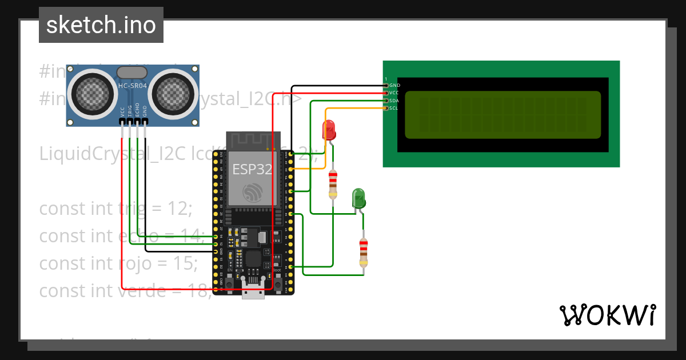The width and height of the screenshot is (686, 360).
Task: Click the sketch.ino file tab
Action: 101,25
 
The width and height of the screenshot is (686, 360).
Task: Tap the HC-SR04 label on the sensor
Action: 132,86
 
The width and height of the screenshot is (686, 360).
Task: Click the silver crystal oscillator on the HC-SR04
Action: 131,72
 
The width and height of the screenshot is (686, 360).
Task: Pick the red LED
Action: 329,130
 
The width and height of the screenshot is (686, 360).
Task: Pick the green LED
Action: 358,198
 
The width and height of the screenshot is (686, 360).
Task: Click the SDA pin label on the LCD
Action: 393,101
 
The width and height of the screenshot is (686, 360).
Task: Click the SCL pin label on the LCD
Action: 393,108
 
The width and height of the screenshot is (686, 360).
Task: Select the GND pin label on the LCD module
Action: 394,85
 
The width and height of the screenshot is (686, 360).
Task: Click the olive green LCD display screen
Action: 503,115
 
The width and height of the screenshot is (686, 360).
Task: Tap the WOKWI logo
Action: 607,315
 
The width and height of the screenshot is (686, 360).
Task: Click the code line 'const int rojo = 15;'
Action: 118,263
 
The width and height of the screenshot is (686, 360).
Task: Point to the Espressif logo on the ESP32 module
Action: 253,193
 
